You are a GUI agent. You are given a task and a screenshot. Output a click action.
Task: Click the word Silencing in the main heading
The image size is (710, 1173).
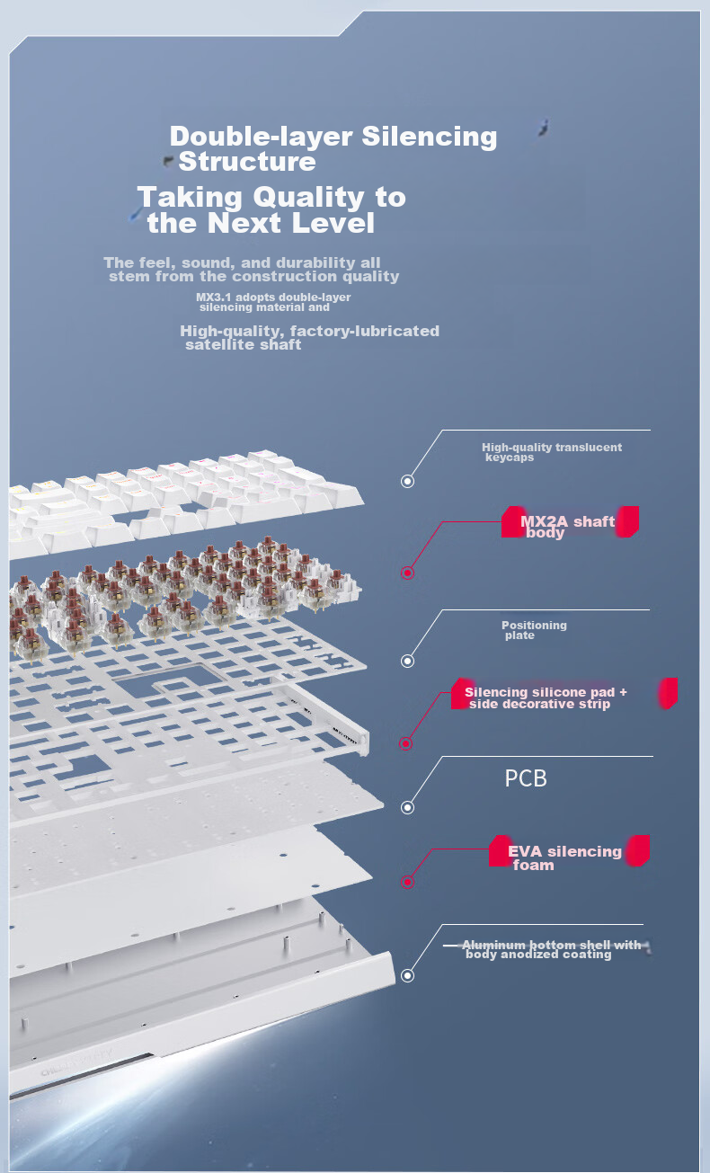(x=430, y=138)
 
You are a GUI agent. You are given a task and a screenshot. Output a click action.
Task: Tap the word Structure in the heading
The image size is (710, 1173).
(x=247, y=161)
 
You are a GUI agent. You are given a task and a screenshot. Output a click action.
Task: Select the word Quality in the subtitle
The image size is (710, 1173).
(x=308, y=198)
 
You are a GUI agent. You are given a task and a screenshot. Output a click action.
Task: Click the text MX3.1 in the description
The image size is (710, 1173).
(x=214, y=297)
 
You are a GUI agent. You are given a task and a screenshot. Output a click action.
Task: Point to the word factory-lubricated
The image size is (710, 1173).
(x=365, y=331)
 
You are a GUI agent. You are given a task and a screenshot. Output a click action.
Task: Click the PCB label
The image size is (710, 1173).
(x=526, y=778)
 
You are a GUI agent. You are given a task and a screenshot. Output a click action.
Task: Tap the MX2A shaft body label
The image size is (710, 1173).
(x=568, y=527)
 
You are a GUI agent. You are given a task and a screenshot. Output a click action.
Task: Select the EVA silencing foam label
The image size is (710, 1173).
(x=564, y=858)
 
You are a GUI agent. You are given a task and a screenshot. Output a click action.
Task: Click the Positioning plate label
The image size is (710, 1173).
(x=534, y=630)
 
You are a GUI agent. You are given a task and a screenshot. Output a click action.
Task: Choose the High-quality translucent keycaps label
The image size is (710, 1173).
(x=552, y=452)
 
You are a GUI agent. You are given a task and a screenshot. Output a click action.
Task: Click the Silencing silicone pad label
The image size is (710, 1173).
(x=546, y=698)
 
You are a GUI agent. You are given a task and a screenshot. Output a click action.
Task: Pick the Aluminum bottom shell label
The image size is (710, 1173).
(x=552, y=949)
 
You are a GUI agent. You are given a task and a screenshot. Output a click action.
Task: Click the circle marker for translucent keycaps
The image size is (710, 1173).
(x=407, y=481)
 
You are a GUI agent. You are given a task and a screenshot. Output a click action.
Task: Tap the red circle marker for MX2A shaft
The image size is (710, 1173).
(x=407, y=573)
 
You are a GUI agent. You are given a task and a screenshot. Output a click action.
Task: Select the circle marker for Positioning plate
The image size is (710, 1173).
(x=407, y=661)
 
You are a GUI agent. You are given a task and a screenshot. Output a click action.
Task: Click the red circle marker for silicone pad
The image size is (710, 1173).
(x=406, y=743)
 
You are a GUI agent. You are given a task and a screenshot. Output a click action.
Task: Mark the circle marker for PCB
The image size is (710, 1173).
(x=407, y=807)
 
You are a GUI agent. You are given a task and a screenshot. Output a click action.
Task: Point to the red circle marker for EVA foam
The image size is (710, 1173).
(x=407, y=883)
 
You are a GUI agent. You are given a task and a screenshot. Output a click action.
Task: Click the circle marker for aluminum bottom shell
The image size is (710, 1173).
(x=407, y=975)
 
